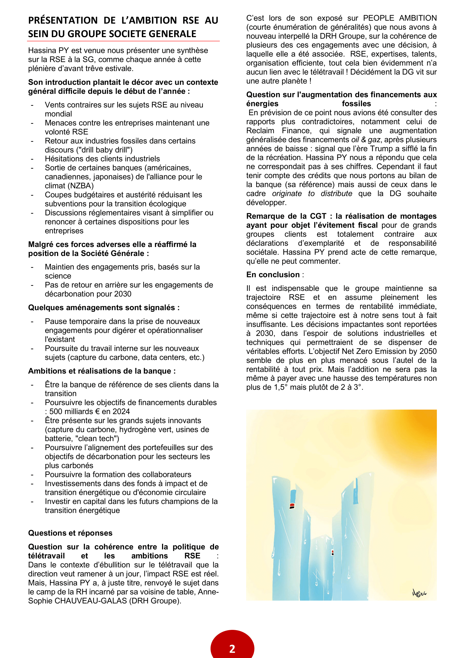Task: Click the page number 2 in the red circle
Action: point(232,648)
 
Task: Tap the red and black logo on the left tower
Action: point(292,506)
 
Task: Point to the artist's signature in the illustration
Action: point(419,593)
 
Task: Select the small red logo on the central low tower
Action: point(333,552)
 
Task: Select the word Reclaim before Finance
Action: point(260,131)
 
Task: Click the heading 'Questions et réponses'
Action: point(70,533)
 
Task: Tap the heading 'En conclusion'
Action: point(273,275)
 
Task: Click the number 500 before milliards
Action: point(56,412)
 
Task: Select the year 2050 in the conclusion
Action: point(428,351)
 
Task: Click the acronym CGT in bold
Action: point(318,216)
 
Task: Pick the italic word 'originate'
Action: point(287,194)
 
